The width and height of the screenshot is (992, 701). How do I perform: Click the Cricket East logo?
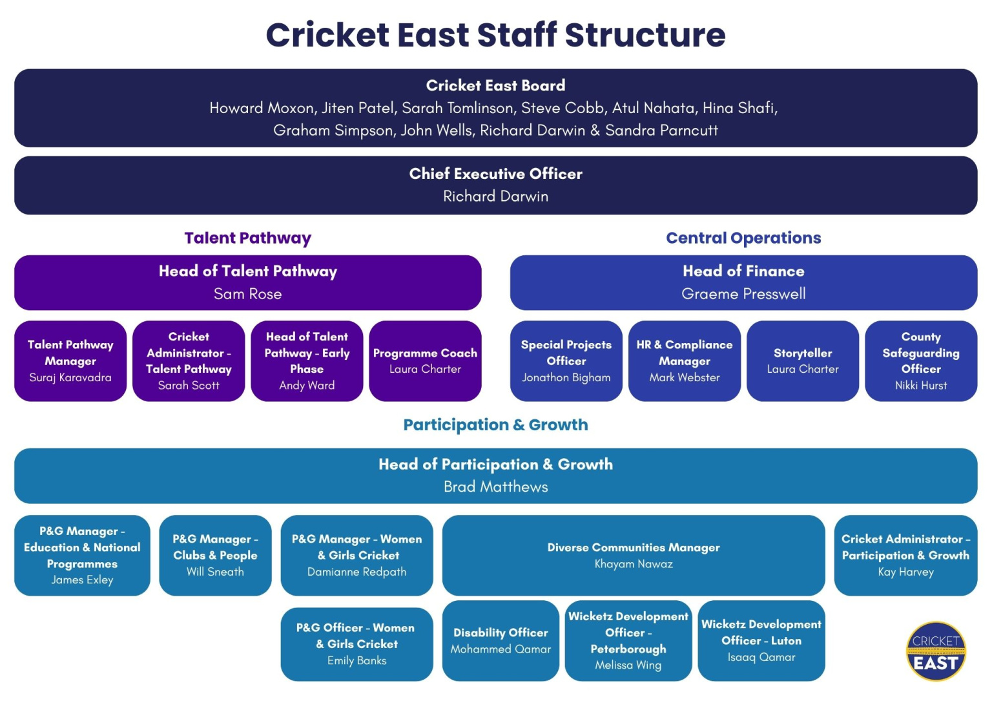click(x=936, y=651)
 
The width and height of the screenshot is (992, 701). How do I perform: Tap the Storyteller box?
click(x=803, y=361)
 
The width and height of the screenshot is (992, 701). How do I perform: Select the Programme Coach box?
click(x=425, y=361)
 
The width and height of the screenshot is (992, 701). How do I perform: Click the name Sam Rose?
click(x=248, y=294)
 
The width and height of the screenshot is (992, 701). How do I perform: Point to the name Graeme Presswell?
click(x=743, y=294)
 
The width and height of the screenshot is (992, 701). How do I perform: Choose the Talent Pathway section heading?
click(x=248, y=238)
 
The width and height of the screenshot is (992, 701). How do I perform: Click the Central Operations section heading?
click(x=743, y=238)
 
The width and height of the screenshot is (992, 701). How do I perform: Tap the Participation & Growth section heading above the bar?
click(x=495, y=424)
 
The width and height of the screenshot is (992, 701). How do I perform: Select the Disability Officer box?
click(x=501, y=640)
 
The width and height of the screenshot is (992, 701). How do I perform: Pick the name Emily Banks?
click(x=356, y=660)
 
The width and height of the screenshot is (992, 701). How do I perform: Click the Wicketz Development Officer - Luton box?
click(x=761, y=640)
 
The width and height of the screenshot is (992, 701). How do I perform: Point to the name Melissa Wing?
click(x=628, y=665)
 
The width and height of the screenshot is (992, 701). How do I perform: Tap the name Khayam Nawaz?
click(x=634, y=564)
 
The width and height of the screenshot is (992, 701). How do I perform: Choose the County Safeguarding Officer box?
click(x=921, y=361)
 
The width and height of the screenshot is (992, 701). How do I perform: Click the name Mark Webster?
click(x=685, y=377)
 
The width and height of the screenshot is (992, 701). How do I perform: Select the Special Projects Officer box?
click(x=566, y=361)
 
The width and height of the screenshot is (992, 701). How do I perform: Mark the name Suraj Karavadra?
click(x=70, y=377)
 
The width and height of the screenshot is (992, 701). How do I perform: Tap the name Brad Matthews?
click(x=495, y=487)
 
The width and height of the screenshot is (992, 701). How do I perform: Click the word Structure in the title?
click(x=645, y=35)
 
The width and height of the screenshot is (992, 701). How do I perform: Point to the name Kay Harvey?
click(x=905, y=572)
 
